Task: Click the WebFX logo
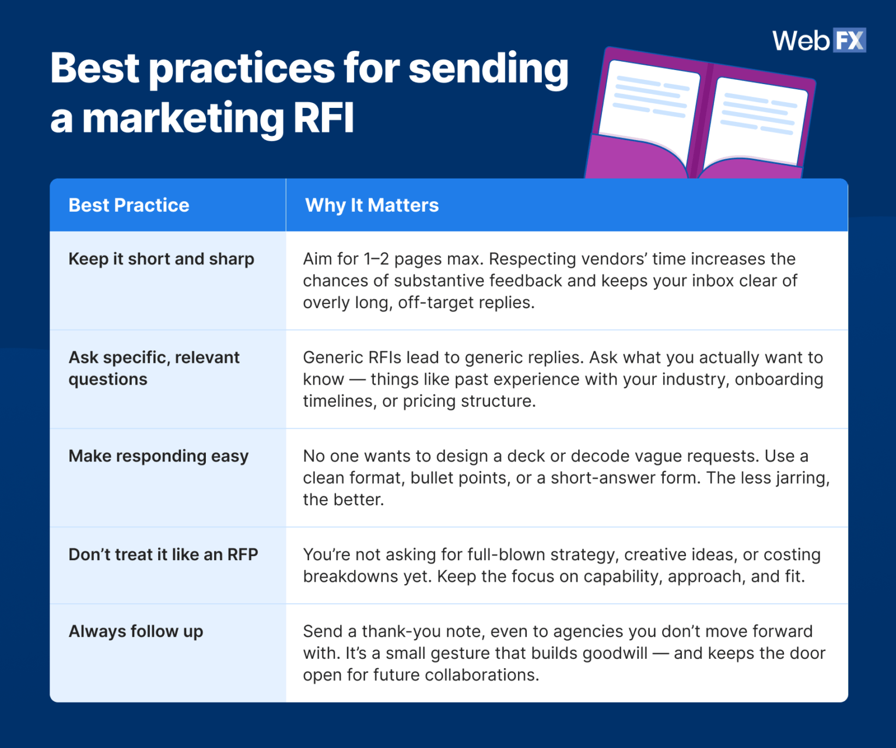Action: pos(819,40)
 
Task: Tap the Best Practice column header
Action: pos(129,205)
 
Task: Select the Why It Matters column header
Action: pos(372,205)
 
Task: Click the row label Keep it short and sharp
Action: pos(161,259)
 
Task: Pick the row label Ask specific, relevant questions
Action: pos(153,368)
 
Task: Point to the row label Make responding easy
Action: pos(158,456)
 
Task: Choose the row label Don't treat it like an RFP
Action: pos(163,555)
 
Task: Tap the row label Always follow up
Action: pos(135,631)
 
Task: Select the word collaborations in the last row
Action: pos(481,675)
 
